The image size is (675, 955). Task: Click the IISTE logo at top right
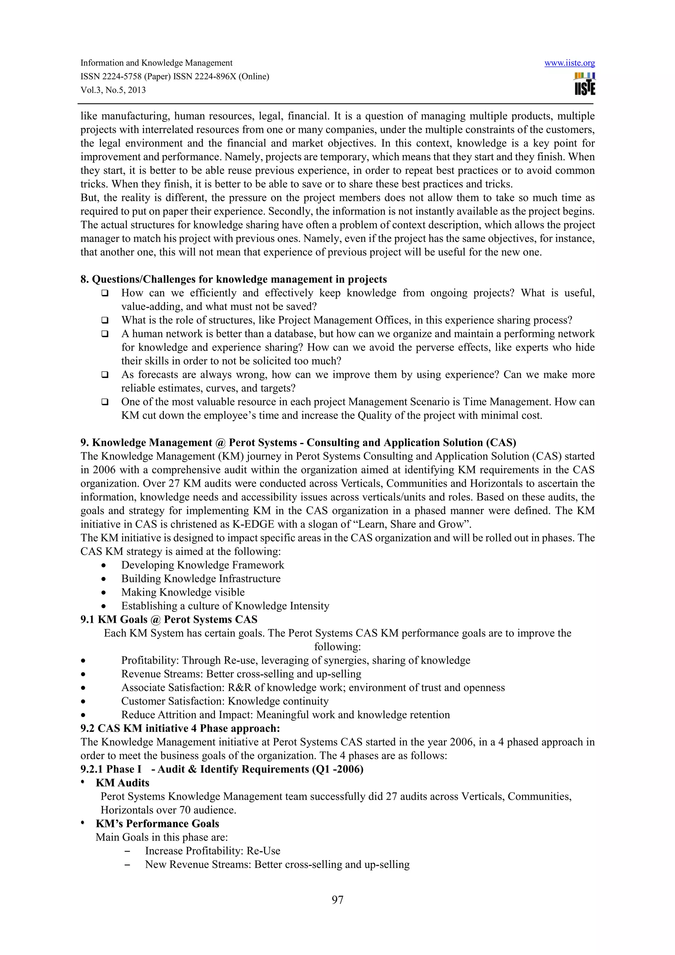pyautogui.click(x=584, y=84)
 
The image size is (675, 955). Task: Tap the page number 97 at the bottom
pyautogui.click(x=337, y=900)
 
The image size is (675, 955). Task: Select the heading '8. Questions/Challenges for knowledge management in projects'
pyautogui.click(x=233, y=279)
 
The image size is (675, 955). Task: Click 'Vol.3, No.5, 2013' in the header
pyautogui.click(x=113, y=90)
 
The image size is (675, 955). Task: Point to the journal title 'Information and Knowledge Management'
pyautogui.click(x=156, y=63)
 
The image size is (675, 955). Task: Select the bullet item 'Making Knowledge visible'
pyautogui.click(x=183, y=592)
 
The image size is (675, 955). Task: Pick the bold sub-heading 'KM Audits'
pyautogui.click(x=122, y=783)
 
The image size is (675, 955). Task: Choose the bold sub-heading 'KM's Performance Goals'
pyautogui.click(x=157, y=824)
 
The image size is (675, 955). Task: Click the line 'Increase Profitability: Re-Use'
pyautogui.click(x=213, y=851)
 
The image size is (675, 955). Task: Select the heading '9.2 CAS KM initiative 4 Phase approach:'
pyautogui.click(x=180, y=728)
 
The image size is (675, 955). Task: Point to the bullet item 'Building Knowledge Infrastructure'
pyautogui.click(x=200, y=579)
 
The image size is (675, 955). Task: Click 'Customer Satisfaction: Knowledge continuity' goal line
pyautogui.click(x=224, y=701)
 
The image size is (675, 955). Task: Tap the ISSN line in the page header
pyautogui.click(x=175, y=76)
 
